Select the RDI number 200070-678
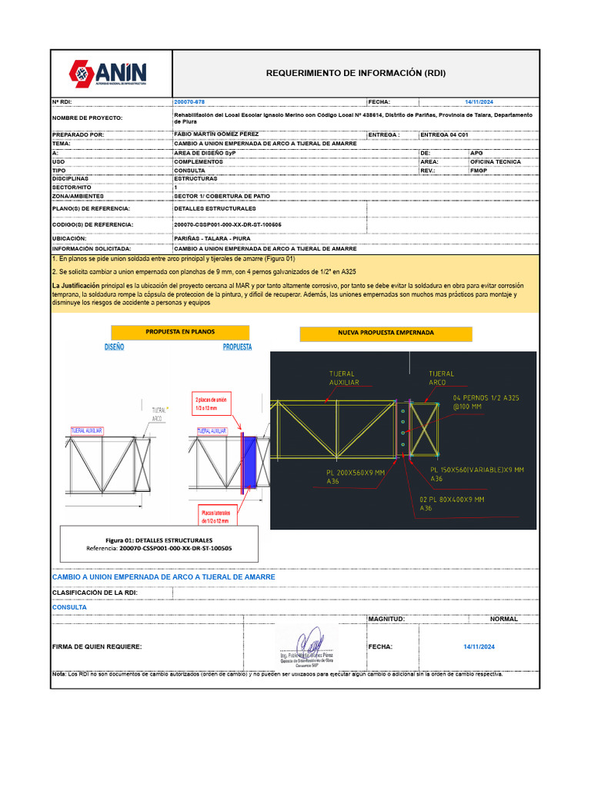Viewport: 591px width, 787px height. [190, 101]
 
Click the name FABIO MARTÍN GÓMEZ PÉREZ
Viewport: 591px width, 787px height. [217, 134]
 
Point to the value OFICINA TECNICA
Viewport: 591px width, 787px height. [496, 162]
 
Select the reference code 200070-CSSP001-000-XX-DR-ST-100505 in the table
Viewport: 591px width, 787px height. [228, 224]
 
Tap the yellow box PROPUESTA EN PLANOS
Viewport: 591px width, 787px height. [180, 332]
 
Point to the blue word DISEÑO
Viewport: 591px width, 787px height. [114, 347]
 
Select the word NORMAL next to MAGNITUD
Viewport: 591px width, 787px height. [504, 619]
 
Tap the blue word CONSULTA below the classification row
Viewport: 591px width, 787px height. [69, 607]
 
